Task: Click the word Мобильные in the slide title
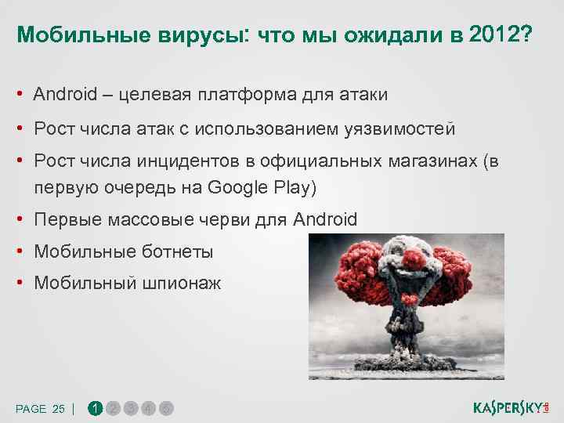(x=66, y=35)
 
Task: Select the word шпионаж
(x=182, y=284)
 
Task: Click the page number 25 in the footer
(x=59, y=409)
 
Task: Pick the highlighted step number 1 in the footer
(x=95, y=408)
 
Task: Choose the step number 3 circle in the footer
(x=131, y=408)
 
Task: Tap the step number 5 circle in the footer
(x=167, y=408)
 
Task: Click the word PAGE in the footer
(x=31, y=409)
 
